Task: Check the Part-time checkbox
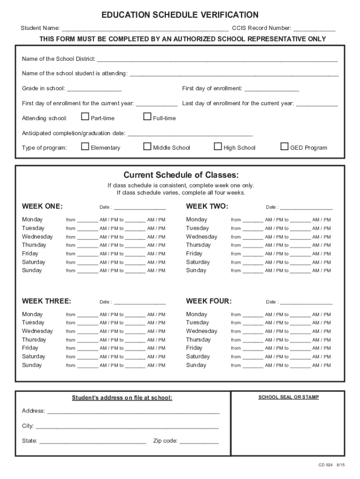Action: click(85, 117)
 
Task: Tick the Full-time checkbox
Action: click(147, 117)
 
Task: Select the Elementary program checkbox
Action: click(85, 146)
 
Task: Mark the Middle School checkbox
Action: click(147, 146)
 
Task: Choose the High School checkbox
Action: click(218, 146)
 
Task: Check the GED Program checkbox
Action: click(284, 146)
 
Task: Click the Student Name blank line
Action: click(145, 29)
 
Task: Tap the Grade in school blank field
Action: click(94, 89)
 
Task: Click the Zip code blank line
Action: click(199, 441)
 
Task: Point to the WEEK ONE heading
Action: click(43, 206)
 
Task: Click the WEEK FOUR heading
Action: click(209, 301)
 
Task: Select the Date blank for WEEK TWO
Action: click(306, 207)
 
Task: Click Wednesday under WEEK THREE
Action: click(37, 331)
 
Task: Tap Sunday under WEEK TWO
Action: click(196, 270)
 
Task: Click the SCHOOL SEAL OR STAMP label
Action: click(288, 397)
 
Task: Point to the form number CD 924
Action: click(325, 465)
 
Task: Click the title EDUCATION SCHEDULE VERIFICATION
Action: click(180, 15)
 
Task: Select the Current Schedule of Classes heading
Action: click(181, 175)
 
